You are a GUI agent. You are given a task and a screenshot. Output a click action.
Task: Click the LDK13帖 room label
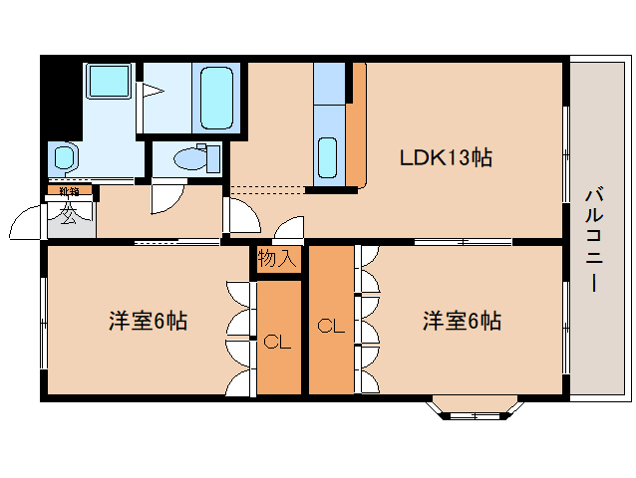(445, 157)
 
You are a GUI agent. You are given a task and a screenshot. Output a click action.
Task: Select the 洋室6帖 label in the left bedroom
(148, 322)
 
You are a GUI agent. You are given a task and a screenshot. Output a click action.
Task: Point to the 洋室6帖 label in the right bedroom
(461, 322)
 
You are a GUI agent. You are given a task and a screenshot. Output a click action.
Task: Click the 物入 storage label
(277, 260)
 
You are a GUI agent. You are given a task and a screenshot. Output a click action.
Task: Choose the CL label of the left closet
(277, 343)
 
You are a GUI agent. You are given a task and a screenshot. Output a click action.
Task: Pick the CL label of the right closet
(330, 326)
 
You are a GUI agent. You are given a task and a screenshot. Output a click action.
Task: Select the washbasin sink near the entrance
(65, 156)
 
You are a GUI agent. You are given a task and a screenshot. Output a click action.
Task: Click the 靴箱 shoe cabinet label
(69, 190)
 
